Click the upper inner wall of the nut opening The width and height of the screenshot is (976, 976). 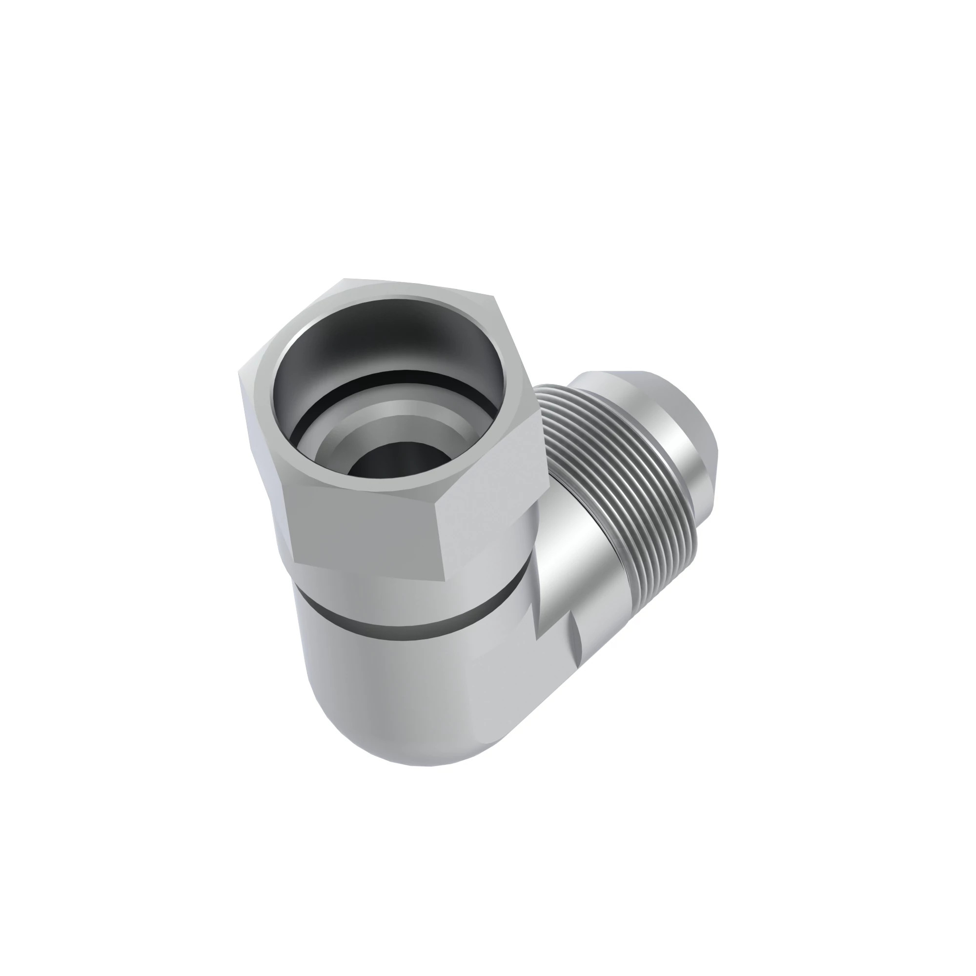click(x=389, y=328)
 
